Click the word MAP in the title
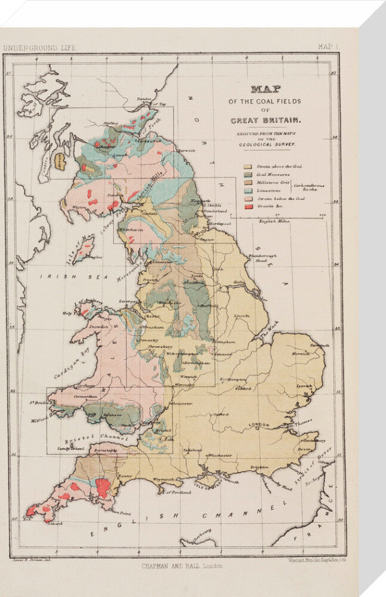tap(266, 89)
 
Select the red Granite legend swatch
tap(248, 205)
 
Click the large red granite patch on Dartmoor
tap(103, 487)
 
